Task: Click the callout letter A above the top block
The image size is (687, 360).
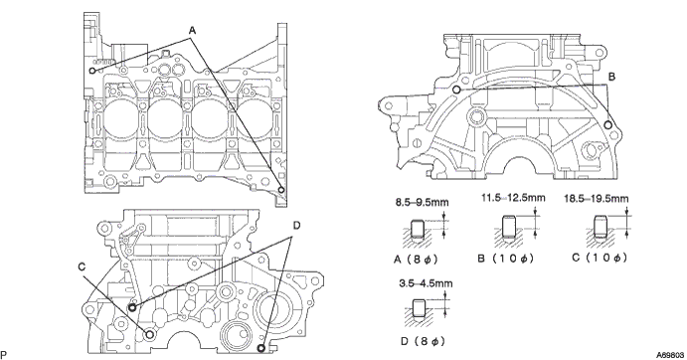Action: (192, 30)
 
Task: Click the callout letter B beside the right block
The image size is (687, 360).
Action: (611, 77)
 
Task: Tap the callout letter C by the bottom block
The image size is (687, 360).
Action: (82, 267)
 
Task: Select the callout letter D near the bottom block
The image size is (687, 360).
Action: (296, 226)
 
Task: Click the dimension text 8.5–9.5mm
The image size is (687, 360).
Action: (422, 202)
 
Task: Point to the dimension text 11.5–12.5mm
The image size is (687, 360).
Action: (513, 198)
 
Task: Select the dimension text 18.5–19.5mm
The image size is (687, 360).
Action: (596, 199)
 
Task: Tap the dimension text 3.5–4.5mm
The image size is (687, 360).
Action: (426, 283)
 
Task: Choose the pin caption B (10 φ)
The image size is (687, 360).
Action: (506, 259)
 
